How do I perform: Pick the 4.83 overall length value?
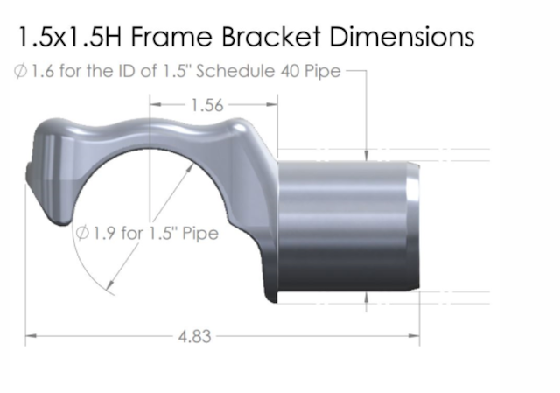pos(193,334)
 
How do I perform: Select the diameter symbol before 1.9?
pos(83,234)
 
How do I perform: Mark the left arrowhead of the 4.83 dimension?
pos(31,334)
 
